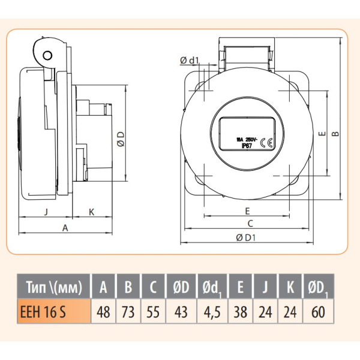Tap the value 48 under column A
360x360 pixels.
coord(103,312)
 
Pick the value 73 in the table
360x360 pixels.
coord(128,312)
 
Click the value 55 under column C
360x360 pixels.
coord(153,312)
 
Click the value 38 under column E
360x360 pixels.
coord(240,312)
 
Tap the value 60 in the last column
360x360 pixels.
coord(318,312)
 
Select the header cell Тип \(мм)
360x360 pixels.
coord(53,287)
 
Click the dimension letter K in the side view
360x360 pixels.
coord(91,211)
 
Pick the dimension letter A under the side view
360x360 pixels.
coord(65,227)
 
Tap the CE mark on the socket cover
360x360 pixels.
coord(269,142)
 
